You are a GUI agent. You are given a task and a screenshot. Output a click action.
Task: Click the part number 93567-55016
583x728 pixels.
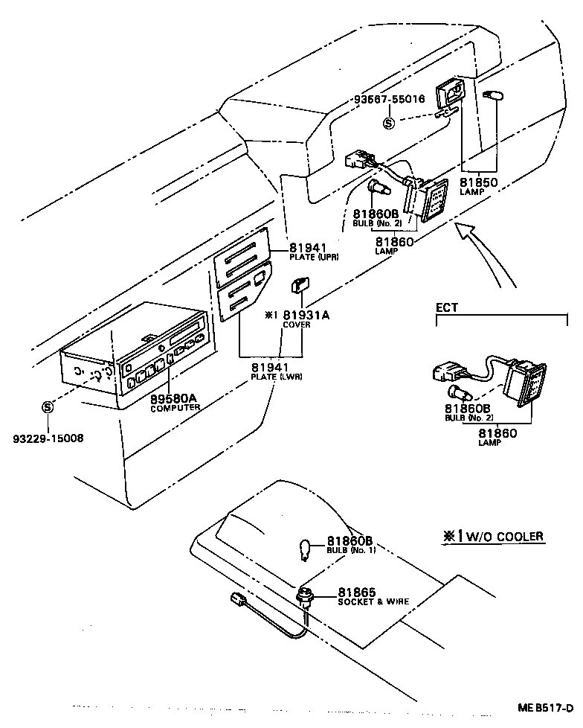[x=389, y=98]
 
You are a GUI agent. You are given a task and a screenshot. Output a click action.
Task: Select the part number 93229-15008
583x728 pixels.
[x=46, y=438]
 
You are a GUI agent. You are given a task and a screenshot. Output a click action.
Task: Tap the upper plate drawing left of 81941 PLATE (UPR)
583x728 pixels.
[x=241, y=255]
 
